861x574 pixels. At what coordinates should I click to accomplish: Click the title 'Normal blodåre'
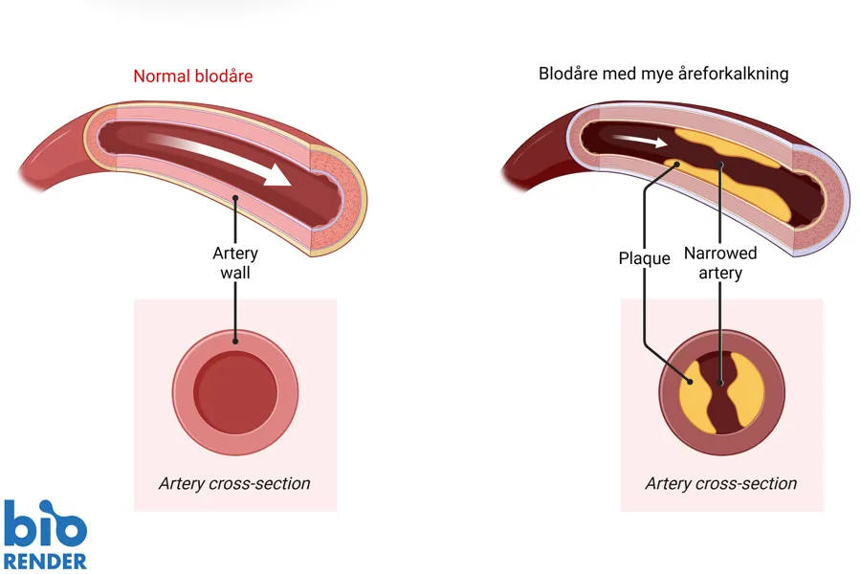coord(193,76)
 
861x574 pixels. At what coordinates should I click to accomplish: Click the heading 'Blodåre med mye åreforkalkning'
coord(663,73)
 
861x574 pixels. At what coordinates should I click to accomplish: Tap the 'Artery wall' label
coord(235,263)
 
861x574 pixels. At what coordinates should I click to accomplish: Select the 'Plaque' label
coord(644,258)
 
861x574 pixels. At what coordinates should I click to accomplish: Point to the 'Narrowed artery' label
coord(720,263)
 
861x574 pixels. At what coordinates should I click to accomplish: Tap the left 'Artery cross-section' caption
coord(234,483)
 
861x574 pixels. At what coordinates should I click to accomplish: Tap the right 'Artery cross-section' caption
coord(721,483)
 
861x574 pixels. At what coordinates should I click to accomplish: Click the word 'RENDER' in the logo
coord(45,561)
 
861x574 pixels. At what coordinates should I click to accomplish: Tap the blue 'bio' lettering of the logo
coord(44,523)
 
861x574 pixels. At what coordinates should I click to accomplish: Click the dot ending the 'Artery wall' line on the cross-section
coord(235,339)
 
